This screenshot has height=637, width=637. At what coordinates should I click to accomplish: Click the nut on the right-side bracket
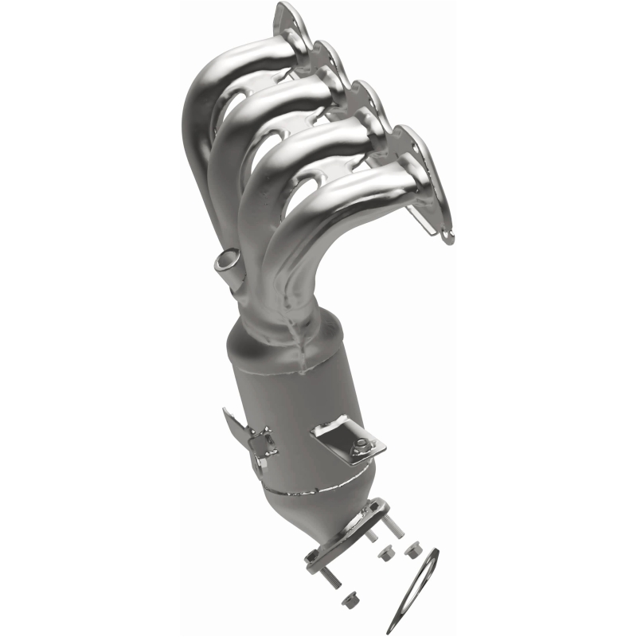click(x=361, y=445)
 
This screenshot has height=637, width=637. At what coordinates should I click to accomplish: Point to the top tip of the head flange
click(x=284, y=10)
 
